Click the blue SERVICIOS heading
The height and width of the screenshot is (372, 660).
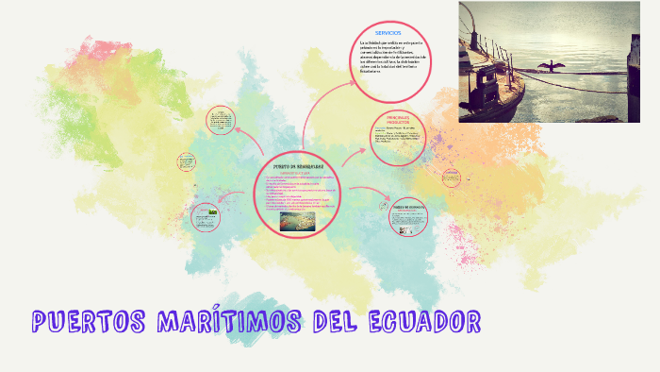tap(388, 34)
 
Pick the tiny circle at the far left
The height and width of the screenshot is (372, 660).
tap(185, 162)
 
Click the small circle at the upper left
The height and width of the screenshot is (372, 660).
tap(220, 123)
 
